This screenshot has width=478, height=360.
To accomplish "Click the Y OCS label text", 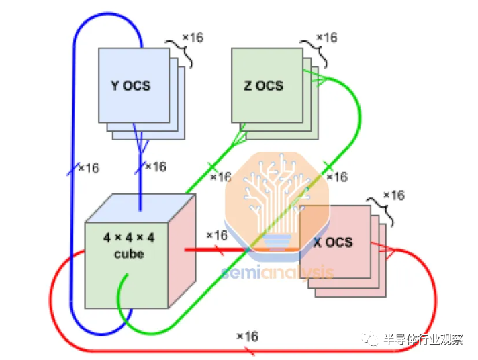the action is point(130,85).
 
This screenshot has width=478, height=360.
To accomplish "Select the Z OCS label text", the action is point(263,85).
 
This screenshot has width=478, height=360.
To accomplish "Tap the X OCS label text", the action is point(333,242).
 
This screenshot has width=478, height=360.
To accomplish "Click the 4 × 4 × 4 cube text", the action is point(129,245).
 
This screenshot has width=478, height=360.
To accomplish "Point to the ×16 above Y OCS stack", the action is point(193,37).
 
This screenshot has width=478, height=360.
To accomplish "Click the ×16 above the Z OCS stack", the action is point(327,37).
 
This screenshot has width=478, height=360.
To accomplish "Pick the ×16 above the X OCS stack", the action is point(394,195).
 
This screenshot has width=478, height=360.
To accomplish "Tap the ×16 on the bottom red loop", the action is point(247,336).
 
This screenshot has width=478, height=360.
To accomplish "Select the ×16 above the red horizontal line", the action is point(217,235).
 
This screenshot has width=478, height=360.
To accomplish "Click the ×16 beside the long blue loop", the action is point(89,168).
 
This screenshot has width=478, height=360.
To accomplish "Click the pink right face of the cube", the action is point(182,251).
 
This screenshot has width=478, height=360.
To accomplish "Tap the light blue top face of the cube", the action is point(140,208).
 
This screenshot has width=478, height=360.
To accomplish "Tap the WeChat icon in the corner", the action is point(370,339).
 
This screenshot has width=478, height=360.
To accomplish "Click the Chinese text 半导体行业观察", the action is point(423,339).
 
